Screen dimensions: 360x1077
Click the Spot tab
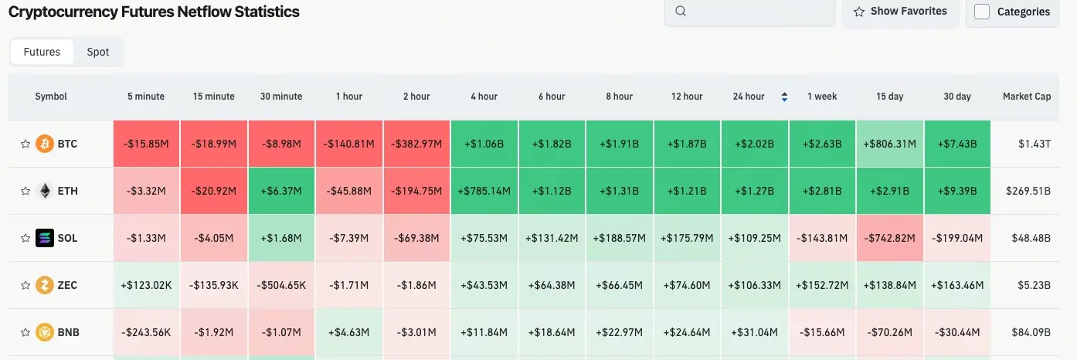pyautogui.click(x=98, y=52)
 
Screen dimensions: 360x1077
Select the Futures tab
pyautogui.click(x=42, y=52)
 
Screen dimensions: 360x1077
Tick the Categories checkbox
pyautogui.click(x=983, y=12)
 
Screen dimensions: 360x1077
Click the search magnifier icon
pyautogui.click(x=681, y=11)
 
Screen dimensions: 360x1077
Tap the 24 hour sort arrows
pyautogui.click(x=785, y=97)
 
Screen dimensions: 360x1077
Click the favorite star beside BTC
pyautogui.click(x=25, y=144)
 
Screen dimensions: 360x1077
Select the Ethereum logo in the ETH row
pyautogui.click(x=45, y=191)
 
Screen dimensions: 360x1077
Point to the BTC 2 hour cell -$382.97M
pyautogui.click(x=417, y=144)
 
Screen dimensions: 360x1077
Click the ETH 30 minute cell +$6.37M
pyautogui.click(x=281, y=191)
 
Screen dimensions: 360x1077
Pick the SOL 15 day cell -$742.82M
pyautogui.click(x=891, y=238)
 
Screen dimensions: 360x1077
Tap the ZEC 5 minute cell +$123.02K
pyautogui.click(x=146, y=285)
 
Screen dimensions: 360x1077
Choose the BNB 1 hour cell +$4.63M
pyautogui.click(x=349, y=332)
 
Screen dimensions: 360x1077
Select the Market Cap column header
pyautogui.click(x=1027, y=97)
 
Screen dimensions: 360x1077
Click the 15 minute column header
pyautogui.click(x=214, y=97)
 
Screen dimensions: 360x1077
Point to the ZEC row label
pyautogui.click(x=67, y=285)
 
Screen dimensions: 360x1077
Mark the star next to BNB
pyautogui.click(x=25, y=332)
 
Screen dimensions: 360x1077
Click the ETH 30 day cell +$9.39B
pyautogui.click(x=958, y=191)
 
